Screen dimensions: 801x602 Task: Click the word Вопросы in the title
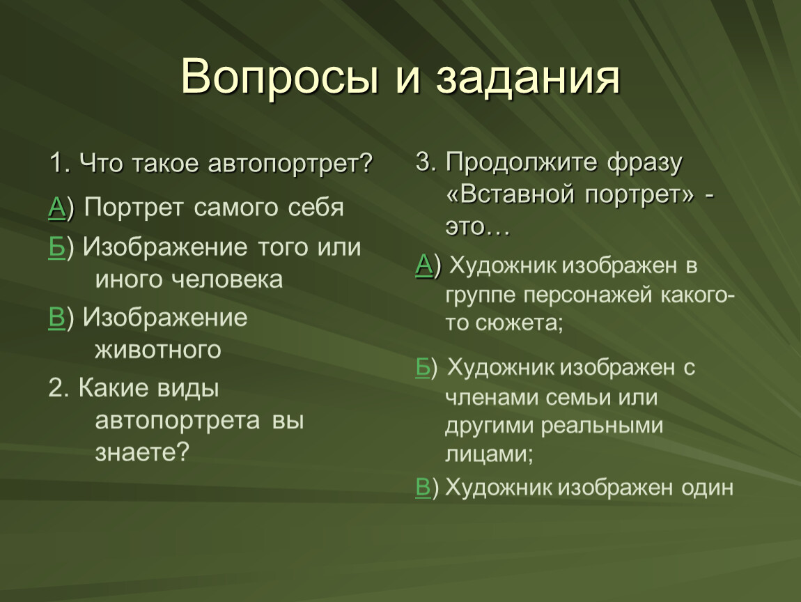[280, 77]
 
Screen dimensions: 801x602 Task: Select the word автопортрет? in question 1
[290, 164]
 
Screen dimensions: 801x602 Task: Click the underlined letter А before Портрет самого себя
[56, 208]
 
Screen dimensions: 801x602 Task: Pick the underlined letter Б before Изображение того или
[56, 247]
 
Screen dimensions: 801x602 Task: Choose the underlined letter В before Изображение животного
[56, 318]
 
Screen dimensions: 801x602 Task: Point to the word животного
[158, 350]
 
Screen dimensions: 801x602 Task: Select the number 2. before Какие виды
[59, 388]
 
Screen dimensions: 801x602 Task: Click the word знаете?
[142, 452]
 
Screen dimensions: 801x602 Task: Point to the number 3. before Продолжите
[426, 162]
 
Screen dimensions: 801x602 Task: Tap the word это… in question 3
[478, 227]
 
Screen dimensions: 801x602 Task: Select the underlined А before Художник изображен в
[424, 265]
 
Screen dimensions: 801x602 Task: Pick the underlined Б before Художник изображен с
[423, 367]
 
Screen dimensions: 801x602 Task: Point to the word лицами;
[489, 454]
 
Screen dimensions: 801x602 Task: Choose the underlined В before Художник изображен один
[423, 487]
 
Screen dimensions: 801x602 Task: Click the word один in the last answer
[708, 488]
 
